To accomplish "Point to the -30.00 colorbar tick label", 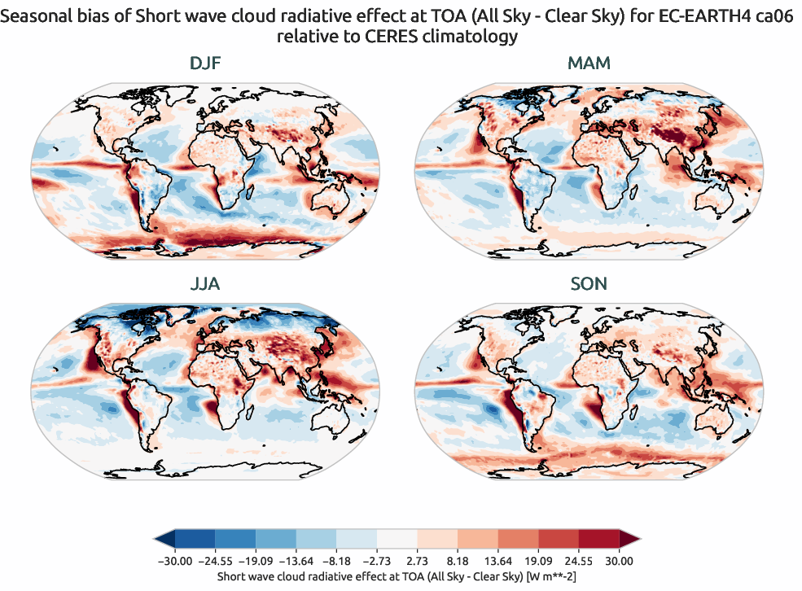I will (x=174, y=561).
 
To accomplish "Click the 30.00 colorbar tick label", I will (x=619, y=561).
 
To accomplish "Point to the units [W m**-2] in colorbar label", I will (x=554, y=576).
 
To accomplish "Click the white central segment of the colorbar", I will (x=397, y=539).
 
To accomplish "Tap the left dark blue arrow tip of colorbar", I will (x=163, y=539).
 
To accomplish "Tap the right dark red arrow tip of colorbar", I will (x=630, y=539).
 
